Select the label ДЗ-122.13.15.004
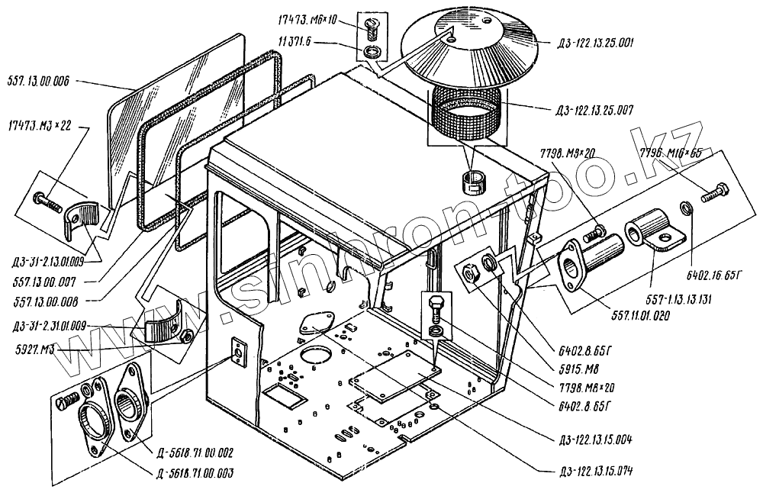(x=596, y=439)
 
